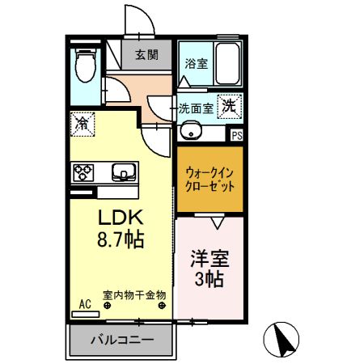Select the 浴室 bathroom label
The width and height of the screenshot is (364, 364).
(x=195, y=62)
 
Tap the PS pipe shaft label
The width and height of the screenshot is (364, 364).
(x=236, y=136)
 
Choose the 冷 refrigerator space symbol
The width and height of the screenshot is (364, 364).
(x=82, y=123)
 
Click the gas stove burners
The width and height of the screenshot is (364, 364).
(x=84, y=171)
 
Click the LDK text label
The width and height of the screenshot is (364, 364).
(x=121, y=218)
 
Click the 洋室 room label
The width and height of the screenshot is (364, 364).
(x=210, y=260)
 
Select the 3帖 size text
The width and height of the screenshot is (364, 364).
(x=210, y=281)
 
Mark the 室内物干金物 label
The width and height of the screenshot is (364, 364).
(x=133, y=295)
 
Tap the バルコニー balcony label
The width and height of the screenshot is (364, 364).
(x=122, y=339)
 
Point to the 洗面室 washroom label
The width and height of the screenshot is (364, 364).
(x=197, y=107)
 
